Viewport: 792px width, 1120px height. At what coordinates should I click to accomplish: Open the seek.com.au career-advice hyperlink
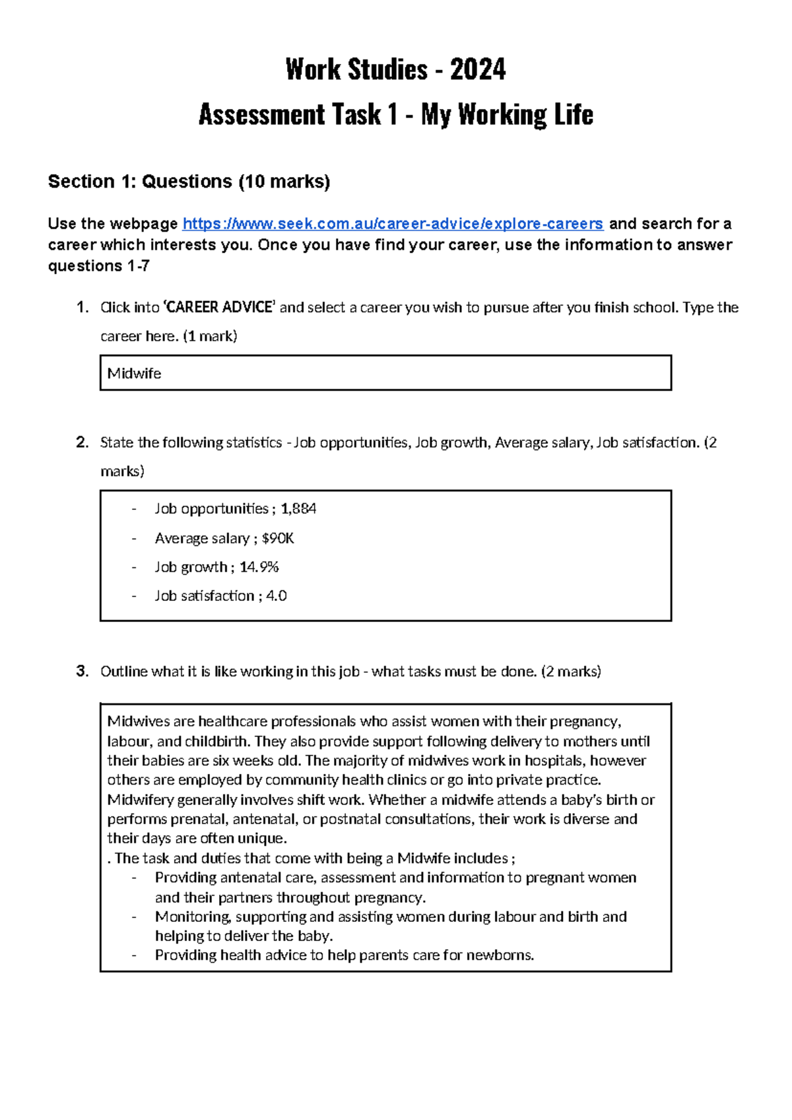[x=393, y=224]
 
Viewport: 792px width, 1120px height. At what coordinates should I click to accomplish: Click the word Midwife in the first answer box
[x=134, y=374]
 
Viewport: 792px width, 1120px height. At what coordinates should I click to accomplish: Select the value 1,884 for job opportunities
[x=298, y=508]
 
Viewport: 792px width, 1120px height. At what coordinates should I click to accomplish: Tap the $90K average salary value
[x=278, y=538]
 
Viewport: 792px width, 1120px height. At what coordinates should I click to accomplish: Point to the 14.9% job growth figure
[x=259, y=567]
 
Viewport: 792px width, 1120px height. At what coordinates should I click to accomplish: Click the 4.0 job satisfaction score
[x=276, y=596]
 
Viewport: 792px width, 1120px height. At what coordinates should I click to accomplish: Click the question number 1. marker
[x=82, y=307]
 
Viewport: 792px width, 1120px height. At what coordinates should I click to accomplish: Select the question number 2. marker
[x=82, y=442]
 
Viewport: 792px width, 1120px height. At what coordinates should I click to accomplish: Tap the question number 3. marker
[x=82, y=672]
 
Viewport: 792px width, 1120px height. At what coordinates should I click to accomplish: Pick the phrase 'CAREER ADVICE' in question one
[x=220, y=307]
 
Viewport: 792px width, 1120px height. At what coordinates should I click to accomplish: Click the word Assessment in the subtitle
[x=261, y=115]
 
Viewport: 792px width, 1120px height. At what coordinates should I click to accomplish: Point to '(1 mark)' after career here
[x=210, y=336]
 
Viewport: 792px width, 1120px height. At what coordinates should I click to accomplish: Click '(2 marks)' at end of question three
[x=571, y=672]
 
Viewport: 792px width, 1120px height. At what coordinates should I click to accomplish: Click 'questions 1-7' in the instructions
[x=98, y=266]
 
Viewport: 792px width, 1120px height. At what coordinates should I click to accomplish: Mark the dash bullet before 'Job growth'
[x=134, y=567]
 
